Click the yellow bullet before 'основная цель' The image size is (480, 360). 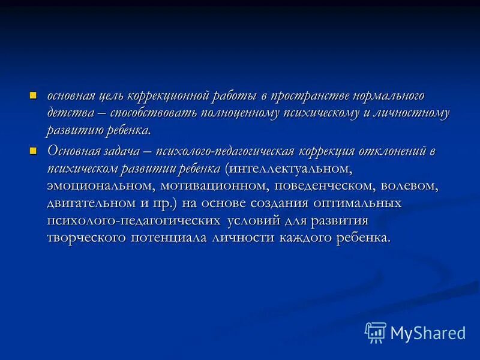(34, 94)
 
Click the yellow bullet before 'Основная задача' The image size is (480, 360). (34, 149)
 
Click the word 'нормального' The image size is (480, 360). (388, 96)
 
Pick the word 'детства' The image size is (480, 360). (70, 113)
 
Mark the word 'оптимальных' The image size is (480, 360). (349, 203)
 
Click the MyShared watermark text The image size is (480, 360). (428, 332)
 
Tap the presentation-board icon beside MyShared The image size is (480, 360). (375, 332)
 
